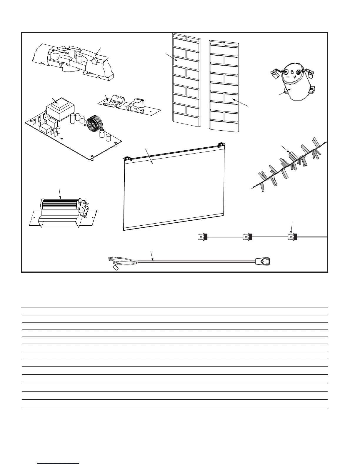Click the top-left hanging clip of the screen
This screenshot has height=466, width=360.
(x=128, y=159)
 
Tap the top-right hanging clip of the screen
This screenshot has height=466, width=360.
(x=221, y=144)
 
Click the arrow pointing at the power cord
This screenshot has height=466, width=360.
(x=152, y=256)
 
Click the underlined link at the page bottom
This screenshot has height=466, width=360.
(x=59, y=463)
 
